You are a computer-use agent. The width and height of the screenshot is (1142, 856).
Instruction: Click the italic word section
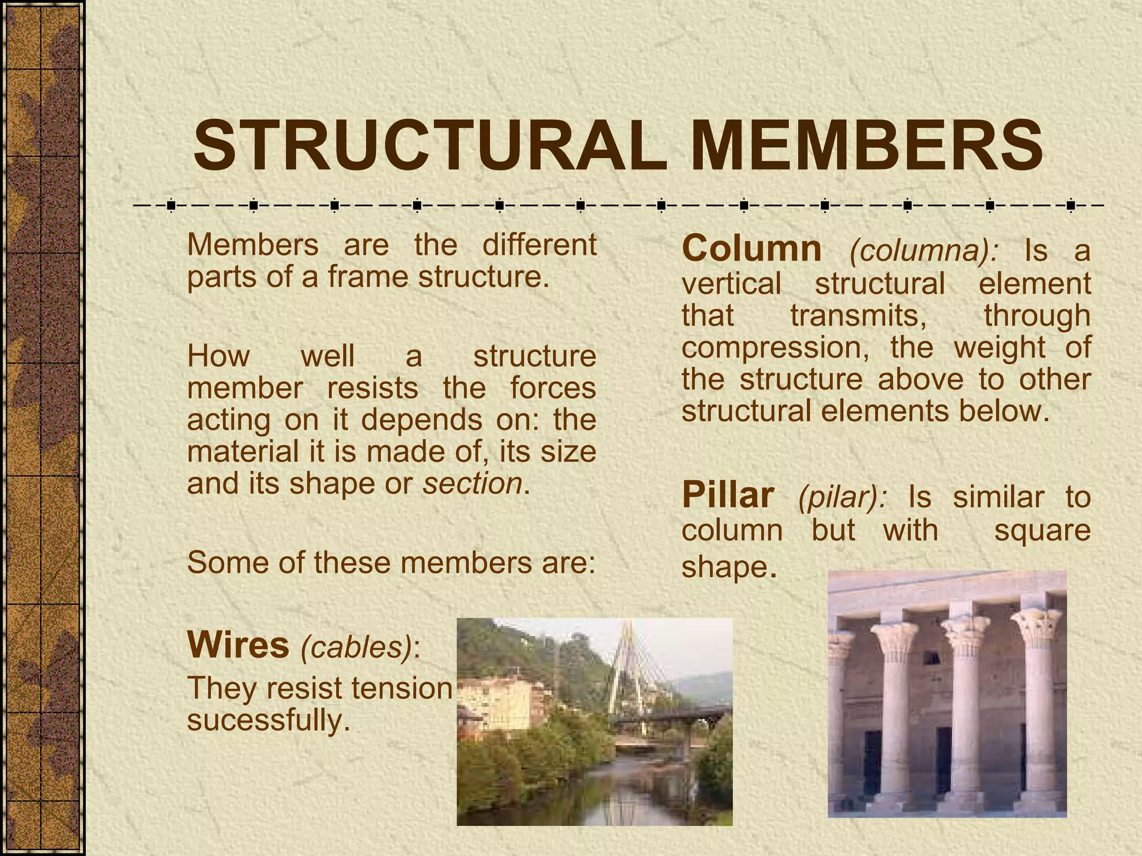(x=472, y=483)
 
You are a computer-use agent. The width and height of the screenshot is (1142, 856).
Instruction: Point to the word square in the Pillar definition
(x=1042, y=531)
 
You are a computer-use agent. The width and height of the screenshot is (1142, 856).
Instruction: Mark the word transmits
(x=859, y=315)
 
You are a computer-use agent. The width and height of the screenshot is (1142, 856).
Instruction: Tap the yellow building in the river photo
(x=496, y=702)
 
